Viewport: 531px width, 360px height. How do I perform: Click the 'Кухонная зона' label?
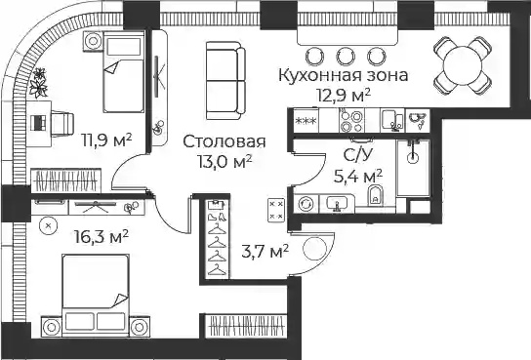[x=343, y=75]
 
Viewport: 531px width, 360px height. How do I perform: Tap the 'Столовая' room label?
[x=225, y=141]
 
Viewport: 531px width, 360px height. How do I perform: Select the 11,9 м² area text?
[x=106, y=140]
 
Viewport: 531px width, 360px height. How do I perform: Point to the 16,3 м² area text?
[x=102, y=236]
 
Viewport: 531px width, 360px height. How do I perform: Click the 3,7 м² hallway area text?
[x=265, y=252]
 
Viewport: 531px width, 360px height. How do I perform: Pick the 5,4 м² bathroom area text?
[x=358, y=176]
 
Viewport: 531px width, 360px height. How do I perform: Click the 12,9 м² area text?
[x=344, y=95]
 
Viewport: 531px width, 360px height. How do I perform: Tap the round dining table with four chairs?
[x=463, y=65]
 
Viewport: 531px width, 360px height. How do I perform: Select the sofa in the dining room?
[x=225, y=80]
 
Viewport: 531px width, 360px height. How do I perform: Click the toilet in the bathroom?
[x=375, y=196]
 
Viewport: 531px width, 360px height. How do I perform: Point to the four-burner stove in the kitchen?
[x=351, y=121]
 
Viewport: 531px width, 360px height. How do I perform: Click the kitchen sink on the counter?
[x=392, y=121]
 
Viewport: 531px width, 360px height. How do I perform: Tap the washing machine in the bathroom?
[x=306, y=204]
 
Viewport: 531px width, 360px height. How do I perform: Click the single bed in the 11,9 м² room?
[x=123, y=72]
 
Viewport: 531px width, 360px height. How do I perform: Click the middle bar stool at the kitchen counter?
[x=346, y=57]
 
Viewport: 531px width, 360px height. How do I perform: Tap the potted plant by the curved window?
[x=39, y=83]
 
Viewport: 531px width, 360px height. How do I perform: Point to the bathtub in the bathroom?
[x=413, y=168]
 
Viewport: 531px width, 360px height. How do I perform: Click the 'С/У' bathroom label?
[x=357, y=155]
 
